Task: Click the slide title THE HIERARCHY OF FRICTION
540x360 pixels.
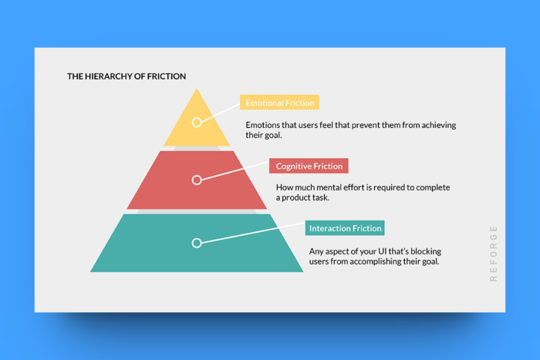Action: pos(127,76)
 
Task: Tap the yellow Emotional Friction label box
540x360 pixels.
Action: pos(279,103)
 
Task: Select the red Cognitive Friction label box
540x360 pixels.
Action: pos(309,166)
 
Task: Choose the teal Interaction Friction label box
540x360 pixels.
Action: pos(345,228)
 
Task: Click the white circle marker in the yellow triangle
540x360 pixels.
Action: pos(197,122)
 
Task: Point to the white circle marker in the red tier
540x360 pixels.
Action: pos(197,180)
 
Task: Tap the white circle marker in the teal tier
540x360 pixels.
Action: pos(197,243)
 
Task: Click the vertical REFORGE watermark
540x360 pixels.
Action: pos(493,254)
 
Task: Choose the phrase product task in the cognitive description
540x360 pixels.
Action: pos(305,198)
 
